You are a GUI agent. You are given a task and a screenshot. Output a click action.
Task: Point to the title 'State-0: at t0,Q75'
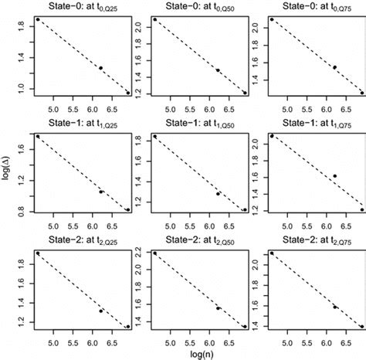click(x=315, y=7)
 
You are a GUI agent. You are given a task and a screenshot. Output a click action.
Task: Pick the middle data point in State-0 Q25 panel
click(x=100, y=68)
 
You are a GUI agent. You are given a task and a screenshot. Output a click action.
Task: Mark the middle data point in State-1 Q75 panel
click(x=334, y=176)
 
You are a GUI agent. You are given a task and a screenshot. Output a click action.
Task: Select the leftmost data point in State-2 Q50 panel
click(x=155, y=253)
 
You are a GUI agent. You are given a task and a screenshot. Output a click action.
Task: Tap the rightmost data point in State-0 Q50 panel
click(x=245, y=93)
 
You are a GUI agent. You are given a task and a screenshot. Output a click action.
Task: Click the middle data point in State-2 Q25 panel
click(x=100, y=311)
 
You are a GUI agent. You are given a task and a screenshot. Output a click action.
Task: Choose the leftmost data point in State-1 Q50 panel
click(x=155, y=137)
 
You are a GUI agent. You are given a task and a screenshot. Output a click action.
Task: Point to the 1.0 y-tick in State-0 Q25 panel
click(x=22, y=90)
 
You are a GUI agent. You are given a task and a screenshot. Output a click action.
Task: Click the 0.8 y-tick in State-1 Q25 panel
click(x=22, y=210)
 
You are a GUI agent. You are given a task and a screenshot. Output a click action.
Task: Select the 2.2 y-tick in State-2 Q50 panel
click(x=139, y=253)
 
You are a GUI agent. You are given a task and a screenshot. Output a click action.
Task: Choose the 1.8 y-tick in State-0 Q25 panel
click(x=22, y=25)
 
